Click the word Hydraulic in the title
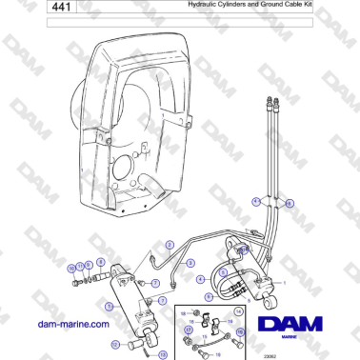[181, 6]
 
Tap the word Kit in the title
[307, 6]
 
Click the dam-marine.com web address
[71, 324]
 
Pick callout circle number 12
[115, 344]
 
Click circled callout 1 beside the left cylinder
[110, 306]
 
